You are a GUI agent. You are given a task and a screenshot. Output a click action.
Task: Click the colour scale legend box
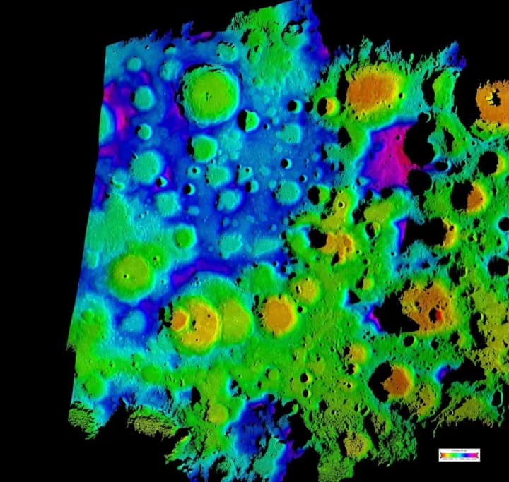click(459, 455)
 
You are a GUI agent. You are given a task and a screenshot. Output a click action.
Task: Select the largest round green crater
click(209, 93)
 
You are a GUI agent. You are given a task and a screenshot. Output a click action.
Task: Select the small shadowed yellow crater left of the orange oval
click(329, 107)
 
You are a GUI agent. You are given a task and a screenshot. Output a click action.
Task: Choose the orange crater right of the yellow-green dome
click(279, 314)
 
